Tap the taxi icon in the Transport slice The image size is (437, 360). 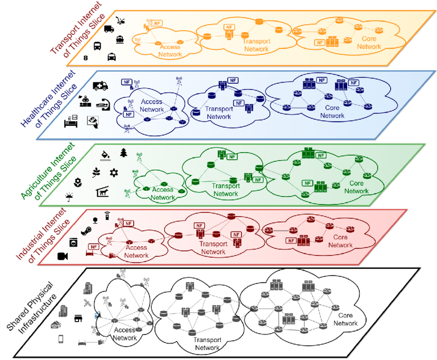pos(112,57)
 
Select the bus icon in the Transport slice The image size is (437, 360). pos(97,45)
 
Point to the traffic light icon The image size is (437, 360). pos(85,59)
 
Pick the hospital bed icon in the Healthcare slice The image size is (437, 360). pos(70,122)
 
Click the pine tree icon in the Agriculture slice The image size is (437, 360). pos(123,153)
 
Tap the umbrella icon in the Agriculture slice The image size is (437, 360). pos(69,196)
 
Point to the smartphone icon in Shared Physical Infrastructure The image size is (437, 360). pos(61,339)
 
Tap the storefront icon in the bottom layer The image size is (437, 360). pos(79,318)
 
